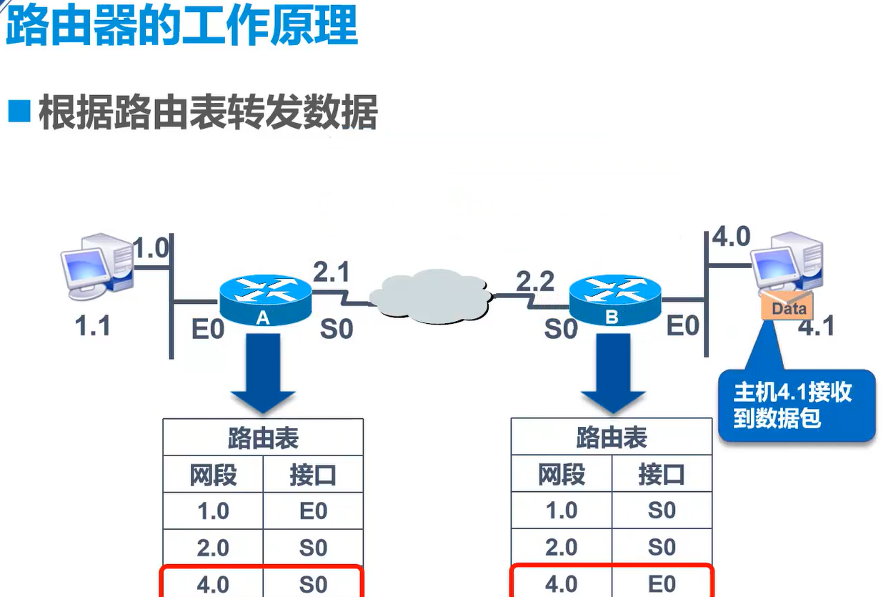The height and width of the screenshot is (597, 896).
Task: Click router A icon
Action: click(265, 299)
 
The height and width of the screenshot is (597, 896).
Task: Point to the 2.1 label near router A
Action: click(331, 272)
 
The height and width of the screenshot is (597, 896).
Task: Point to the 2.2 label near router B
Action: click(535, 281)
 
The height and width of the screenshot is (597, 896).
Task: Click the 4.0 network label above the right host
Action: click(731, 237)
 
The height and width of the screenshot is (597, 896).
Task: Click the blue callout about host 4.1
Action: click(795, 405)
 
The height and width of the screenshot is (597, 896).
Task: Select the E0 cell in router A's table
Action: click(313, 511)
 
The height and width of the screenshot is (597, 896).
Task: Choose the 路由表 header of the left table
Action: click(263, 438)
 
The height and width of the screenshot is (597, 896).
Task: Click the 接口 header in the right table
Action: click(662, 475)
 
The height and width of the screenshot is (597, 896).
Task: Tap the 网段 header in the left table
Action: click(213, 475)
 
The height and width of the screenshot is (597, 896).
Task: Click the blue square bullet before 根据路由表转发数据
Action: click(19, 112)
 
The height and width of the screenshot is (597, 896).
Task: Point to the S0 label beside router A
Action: click(337, 329)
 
